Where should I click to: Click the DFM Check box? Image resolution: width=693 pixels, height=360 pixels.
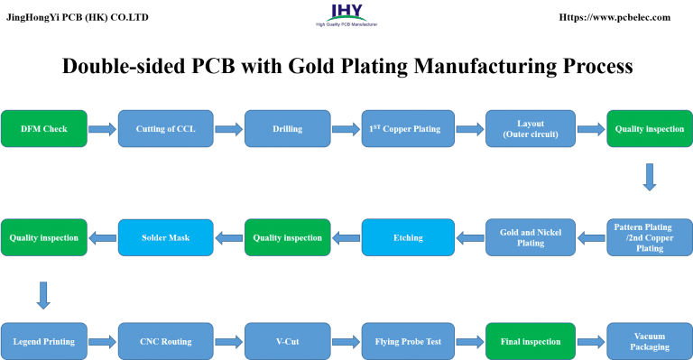tap(44, 129)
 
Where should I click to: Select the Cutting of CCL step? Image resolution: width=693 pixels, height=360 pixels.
tap(165, 129)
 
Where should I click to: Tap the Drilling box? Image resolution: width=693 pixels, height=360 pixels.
tap(287, 129)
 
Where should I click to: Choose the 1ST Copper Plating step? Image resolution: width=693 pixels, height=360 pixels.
tap(406, 129)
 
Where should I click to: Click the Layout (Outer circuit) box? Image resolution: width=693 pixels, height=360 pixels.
tap(530, 129)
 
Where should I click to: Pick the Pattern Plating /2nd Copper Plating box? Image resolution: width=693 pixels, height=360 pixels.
tap(649, 237)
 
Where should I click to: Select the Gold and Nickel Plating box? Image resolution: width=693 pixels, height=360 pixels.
tap(530, 237)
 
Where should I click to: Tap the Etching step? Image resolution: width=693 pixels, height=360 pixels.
tap(407, 237)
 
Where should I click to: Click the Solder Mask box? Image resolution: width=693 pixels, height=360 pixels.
tap(165, 237)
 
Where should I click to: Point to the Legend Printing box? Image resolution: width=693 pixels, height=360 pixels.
tap(44, 342)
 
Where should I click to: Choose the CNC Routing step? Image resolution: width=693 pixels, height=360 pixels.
tap(165, 342)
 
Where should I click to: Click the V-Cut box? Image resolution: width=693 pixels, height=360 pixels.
tap(287, 342)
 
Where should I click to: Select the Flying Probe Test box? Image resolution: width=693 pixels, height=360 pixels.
tap(407, 342)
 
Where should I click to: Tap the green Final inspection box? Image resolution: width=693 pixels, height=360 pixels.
tap(530, 342)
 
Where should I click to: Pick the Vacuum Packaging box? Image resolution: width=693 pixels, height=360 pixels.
tap(649, 342)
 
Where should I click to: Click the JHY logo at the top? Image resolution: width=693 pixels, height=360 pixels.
tap(346, 14)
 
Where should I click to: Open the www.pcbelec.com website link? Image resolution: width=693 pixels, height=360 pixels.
tap(614, 17)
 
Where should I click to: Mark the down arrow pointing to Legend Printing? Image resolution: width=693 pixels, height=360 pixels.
tap(42, 292)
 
